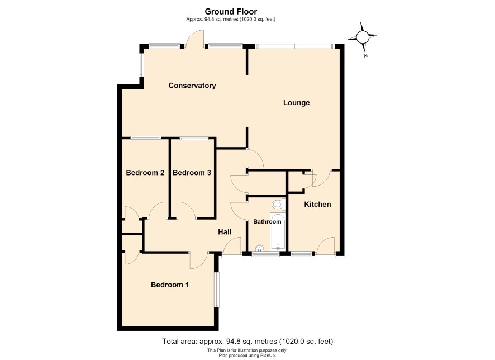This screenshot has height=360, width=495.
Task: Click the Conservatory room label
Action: click(192, 86)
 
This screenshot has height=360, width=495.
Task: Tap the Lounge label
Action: click(296, 103)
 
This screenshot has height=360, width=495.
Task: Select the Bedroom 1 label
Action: click(170, 285)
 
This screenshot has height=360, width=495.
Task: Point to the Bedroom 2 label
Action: click(145, 173)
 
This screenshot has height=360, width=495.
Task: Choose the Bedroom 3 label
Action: click(192, 173)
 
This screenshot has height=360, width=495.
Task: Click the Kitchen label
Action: click(317, 204)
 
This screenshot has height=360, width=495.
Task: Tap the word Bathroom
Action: click(267, 222)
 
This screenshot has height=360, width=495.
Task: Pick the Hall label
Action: click(225, 232)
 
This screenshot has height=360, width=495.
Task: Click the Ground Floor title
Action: click(231, 11)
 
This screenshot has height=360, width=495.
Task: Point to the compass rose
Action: click(363, 37)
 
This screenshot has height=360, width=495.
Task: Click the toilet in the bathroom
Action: click(278, 205)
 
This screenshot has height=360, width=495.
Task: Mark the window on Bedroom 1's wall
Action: click(217, 290)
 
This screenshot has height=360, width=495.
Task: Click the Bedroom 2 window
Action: click(145, 138)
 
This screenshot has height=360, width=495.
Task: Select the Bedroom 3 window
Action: click(194, 138)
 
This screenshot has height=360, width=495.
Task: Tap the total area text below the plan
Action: click(247, 342)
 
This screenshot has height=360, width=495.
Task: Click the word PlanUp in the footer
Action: click(268, 356)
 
